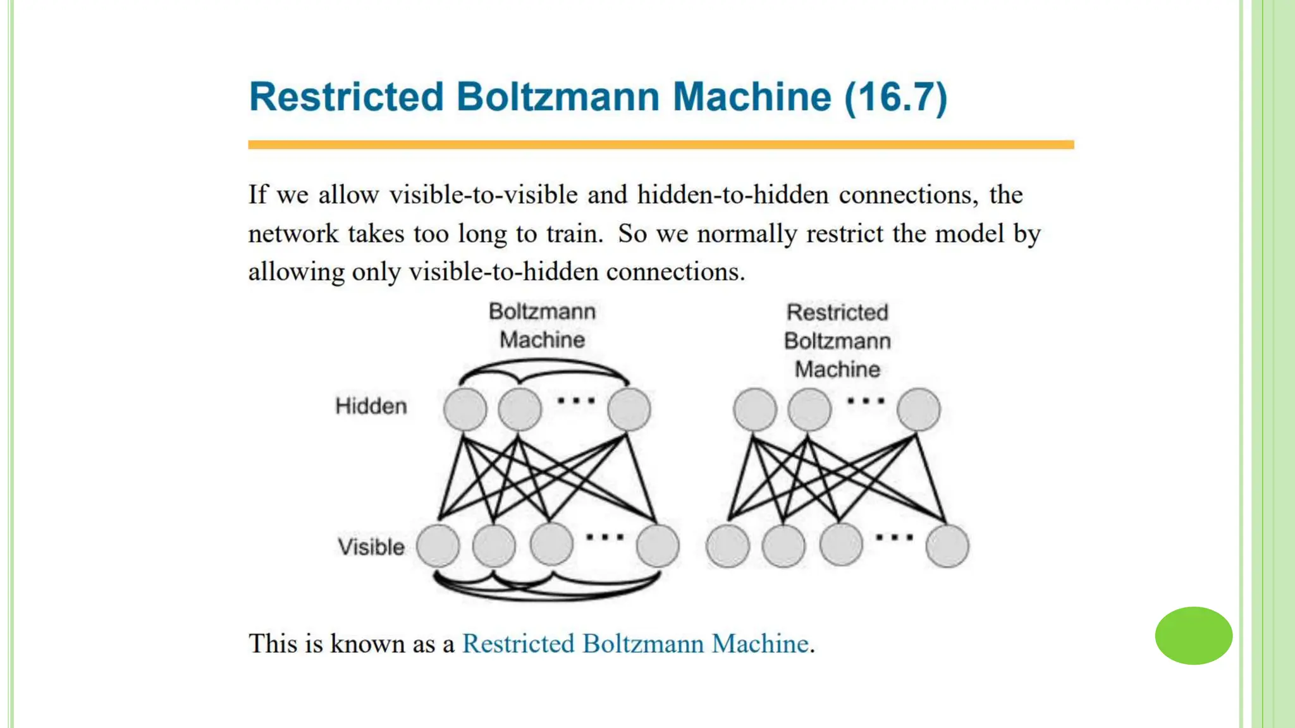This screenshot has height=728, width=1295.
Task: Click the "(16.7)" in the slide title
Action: click(896, 97)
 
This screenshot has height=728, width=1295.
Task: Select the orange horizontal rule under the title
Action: click(661, 145)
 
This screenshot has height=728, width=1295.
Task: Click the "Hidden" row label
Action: click(371, 406)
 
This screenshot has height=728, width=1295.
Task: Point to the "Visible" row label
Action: click(371, 547)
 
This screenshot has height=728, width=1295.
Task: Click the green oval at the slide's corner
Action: click(1193, 636)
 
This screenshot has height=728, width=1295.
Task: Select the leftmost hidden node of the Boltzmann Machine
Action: click(465, 409)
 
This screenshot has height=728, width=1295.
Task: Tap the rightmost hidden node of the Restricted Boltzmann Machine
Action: click(918, 409)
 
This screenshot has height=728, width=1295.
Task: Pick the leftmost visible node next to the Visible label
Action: click(438, 545)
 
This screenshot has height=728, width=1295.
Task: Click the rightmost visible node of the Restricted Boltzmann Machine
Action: click(947, 545)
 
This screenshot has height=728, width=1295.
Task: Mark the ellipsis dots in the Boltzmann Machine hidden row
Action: click(576, 401)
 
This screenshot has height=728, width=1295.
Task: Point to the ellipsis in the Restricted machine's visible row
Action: click(894, 538)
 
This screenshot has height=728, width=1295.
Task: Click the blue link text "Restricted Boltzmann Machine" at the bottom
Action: click(635, 644)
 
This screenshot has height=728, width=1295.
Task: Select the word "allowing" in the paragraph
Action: click(297, 272)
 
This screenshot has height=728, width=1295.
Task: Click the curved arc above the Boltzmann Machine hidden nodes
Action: click(544, 363)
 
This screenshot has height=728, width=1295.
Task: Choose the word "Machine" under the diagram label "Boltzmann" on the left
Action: click(542, 340)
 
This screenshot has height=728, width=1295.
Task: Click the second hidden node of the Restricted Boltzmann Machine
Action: click(809, 409)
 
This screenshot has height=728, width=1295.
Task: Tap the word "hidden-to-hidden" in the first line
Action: click(733, 195)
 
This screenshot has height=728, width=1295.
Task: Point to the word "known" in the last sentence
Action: click(367, 644)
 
